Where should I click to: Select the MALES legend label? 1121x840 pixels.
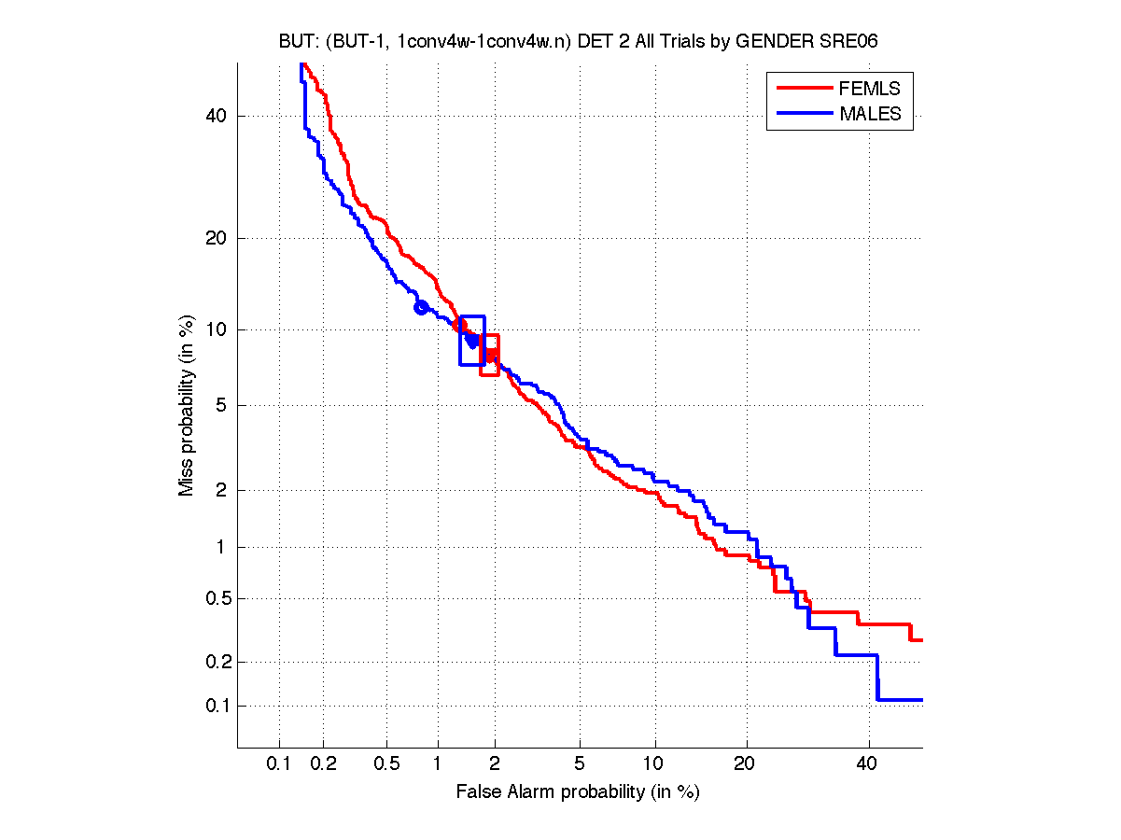coord(870,114)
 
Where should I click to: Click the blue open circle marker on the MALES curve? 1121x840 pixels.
coord(421,307)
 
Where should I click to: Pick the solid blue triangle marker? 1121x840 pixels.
coord(472,342)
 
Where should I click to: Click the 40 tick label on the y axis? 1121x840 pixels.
coord(217,116)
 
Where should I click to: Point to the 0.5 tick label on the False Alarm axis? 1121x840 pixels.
coord(386,764)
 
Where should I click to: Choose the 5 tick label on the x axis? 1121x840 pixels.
coord(580,764)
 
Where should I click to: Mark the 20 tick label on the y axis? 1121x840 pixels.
coord(217,238)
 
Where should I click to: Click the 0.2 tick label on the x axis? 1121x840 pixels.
coord(323,764)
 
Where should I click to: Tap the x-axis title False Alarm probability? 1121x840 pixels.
coord(578,792)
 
